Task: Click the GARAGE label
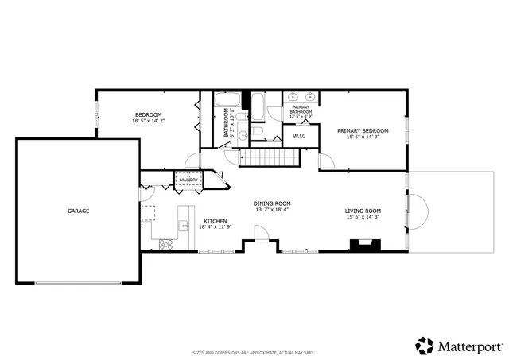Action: [x=78, y=211]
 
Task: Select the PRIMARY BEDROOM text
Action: [x=363, y=130]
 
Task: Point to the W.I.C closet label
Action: [x=300, y=136]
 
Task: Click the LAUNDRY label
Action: [x=188, y=180]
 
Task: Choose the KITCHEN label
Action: [x=216, y=221]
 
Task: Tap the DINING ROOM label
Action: [x=272, y=203]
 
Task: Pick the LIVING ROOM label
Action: [x=363, y=211]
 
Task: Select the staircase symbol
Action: [x=268, y=158]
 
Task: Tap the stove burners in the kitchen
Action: [x=167, y=244]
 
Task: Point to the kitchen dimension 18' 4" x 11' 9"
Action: [x=215, y=227]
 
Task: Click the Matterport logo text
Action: [x=470, y=346]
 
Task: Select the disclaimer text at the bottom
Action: [x=254, y=352]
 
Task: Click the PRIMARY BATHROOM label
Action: [x=301, y=110]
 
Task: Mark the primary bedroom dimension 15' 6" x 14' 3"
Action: [x=363, y=137]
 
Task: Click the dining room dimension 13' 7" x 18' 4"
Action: [x=272, y=210]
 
